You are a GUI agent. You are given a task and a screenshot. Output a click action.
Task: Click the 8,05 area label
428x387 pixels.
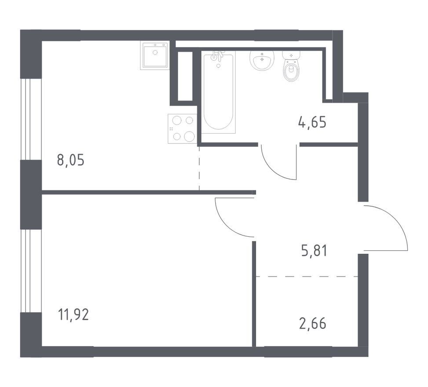[x=71, y=160]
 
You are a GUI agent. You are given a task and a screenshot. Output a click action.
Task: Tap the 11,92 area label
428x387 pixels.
[x=73, y=314]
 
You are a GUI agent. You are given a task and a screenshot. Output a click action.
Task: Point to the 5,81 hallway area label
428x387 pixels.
[x=314, y=251]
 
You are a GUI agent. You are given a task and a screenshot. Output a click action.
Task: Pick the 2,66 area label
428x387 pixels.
[x=313, y=324]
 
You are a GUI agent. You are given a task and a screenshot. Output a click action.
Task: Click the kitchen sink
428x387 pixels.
[x=155, y=55]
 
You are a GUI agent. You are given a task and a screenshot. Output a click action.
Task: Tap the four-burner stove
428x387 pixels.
[x=183, y=128]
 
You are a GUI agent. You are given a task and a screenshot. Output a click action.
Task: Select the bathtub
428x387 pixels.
[x=218, y=92]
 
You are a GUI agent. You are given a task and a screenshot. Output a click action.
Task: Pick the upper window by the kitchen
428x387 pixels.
[x=31, y=119]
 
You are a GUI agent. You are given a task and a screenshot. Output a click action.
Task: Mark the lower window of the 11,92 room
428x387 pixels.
[x=31, y=271]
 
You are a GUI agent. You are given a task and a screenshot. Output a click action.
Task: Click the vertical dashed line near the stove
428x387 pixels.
[x=199, y=168]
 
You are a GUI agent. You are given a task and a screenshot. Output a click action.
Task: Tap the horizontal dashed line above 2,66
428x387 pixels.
[x=307, y=277]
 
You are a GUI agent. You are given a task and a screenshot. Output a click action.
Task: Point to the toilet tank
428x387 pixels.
[x=291, y=55]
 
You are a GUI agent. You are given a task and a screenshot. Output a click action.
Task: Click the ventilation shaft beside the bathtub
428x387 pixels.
[x=185, y=76]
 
